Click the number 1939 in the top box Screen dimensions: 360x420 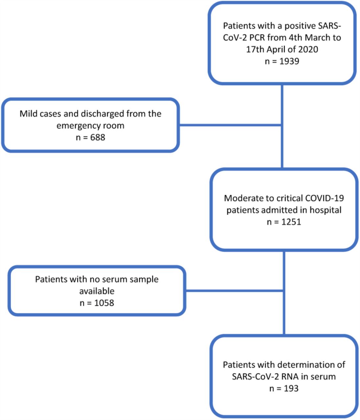[x=289, y=61]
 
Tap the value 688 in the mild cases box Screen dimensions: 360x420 [x=98, y=137]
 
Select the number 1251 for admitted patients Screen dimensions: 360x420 [x=291, y=222]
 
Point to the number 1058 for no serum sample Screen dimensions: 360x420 [x=104, y=303]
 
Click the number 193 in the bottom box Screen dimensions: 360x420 [x=291, y=388]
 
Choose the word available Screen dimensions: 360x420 [x=97, y=291]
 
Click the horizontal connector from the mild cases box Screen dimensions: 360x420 [x=230, y=125]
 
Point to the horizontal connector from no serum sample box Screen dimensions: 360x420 [x=235, y=291]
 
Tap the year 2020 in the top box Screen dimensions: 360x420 [x=308, y=49]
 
